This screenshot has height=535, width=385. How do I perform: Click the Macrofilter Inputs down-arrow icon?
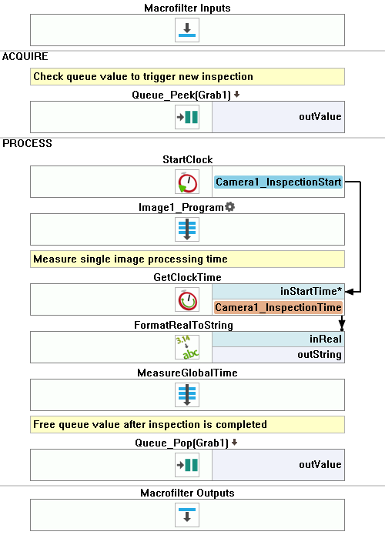coord(187,30)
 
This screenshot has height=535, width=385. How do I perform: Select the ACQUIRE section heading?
coord(25,56)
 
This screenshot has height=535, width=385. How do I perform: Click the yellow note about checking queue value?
coord(187,76)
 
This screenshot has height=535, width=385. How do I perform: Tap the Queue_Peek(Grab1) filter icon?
coord(187,117)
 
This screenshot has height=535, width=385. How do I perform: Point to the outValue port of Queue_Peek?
coord(320,117)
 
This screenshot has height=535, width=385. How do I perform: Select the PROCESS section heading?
coord(27,143)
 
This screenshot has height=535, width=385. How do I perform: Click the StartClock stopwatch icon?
coord(187,182)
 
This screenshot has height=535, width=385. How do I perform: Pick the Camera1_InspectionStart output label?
coord(279,182)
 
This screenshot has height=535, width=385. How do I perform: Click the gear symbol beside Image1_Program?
coord(229,207)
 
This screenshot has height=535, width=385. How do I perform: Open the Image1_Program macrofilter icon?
coord(187,229)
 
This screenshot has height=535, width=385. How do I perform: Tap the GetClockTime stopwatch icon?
coord(187,299)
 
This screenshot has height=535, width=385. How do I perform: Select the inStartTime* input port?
coord(311,292)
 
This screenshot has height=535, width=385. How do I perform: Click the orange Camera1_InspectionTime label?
coord(278,307)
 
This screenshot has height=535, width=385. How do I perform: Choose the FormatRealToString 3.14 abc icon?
coord(187,347)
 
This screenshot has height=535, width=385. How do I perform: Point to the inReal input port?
coord(326,339)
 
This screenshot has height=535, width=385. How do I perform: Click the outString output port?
coord(320,355)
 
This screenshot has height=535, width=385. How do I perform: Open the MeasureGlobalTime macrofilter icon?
coord(187,395)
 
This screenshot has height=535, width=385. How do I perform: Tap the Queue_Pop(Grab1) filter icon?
coord(187,465)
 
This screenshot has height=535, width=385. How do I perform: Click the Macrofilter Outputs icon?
coord(187,515)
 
